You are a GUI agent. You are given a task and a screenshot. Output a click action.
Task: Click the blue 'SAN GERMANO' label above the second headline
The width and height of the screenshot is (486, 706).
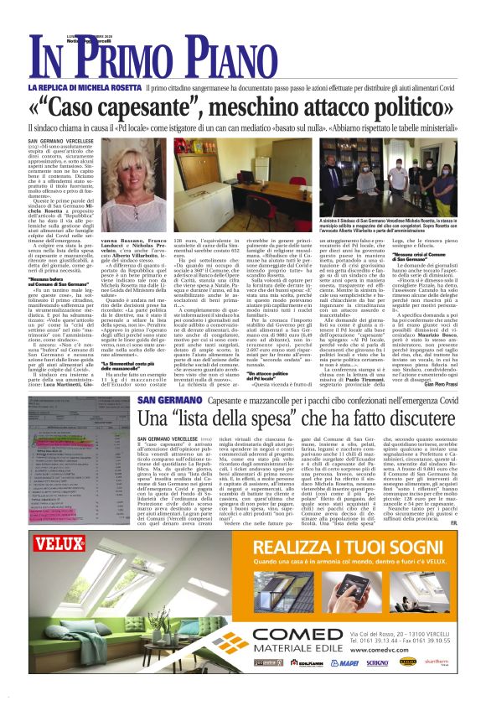[163, 400]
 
